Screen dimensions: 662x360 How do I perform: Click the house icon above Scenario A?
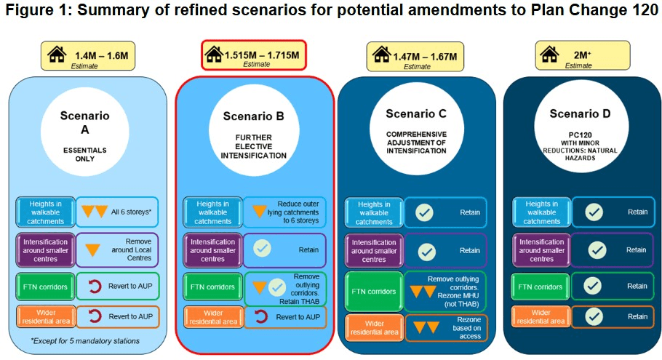[x=57, y=54]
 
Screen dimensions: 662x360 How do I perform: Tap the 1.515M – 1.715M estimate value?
[x=262, y=55]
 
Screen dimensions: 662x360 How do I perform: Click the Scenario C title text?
[x=416, y=114]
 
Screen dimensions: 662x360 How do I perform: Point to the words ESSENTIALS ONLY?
[x=85, y=154]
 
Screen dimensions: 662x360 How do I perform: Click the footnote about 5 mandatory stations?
[x=85, y=340]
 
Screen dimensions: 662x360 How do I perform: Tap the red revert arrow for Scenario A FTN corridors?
[x=95, y=287]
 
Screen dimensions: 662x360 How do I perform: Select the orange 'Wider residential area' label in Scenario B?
[x=212, y=317]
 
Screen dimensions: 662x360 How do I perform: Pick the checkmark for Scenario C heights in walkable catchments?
[x=424, y=212]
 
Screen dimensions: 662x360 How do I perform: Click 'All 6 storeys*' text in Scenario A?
[x=131, y=212]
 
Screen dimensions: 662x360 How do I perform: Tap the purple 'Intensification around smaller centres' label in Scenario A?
[x=46, y=250]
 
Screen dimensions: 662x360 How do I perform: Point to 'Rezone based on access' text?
[x=466, y=328]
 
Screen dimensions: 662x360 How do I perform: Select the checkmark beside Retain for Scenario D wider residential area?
[x=594, y=316]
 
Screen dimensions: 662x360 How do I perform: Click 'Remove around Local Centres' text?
[x=131, y=249]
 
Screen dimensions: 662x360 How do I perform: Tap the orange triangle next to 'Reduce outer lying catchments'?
[x=260, y=211]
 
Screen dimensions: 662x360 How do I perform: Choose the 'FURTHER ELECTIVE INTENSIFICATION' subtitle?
[x=253, y=146]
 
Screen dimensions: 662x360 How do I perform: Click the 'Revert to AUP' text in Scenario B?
[x=298, y=317]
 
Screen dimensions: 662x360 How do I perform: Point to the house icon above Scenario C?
[x=382, y=55]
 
